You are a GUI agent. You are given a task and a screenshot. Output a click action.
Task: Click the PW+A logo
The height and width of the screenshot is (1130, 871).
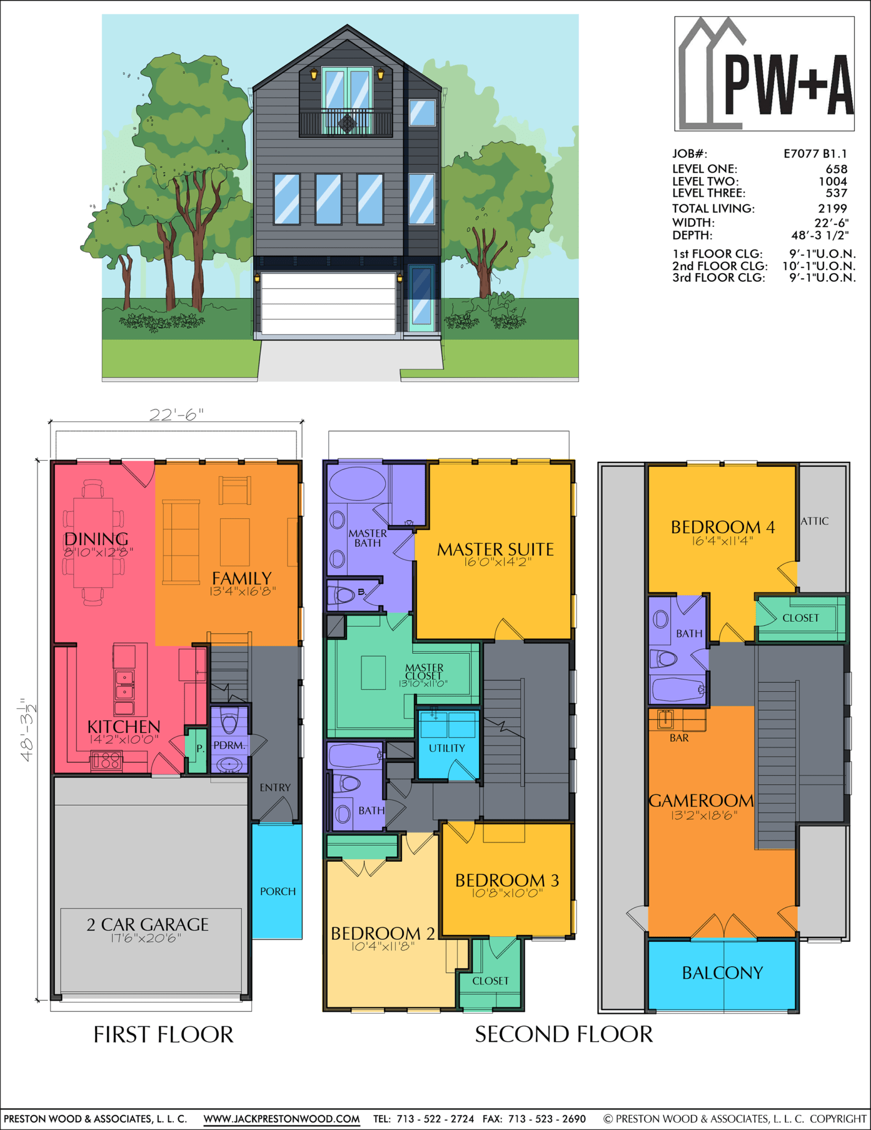click(764, 73)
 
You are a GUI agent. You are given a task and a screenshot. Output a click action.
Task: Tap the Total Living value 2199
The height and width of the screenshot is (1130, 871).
click(832, 209)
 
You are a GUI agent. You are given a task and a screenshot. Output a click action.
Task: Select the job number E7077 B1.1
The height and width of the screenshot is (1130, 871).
click(815, 154)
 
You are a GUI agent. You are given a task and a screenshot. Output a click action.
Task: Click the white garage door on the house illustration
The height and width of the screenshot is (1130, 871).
click(328, 303)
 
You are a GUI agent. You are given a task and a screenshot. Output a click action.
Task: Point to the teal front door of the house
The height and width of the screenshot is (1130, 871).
click(422, 298)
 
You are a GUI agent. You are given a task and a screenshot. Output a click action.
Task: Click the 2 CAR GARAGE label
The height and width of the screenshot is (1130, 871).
click(147, 925)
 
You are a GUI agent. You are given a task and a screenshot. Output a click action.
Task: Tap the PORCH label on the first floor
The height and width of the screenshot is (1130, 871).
click(278, 891)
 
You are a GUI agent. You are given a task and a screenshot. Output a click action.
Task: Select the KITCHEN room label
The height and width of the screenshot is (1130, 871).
click(124, 727)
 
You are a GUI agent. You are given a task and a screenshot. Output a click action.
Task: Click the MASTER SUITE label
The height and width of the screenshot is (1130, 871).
click(495, 550)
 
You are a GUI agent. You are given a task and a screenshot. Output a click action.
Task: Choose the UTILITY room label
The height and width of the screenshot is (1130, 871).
click(447, 748)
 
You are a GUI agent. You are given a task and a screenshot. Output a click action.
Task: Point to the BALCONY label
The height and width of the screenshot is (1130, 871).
click(723, 973)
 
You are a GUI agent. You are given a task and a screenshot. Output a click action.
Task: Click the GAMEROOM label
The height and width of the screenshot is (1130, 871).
click(701, 801)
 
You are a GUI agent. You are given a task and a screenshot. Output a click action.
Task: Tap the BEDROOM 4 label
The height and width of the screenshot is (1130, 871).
click(723, 527)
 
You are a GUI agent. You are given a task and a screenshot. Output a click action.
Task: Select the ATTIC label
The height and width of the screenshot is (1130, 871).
click(815, 521)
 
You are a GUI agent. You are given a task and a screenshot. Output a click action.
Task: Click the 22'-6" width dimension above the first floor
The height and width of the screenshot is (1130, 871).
click(177, 415)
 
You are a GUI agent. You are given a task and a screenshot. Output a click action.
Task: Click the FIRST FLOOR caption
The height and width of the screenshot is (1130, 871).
click(163, 1035)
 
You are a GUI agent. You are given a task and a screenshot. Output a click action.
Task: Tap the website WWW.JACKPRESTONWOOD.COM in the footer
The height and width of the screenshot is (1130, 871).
click(282, 1119)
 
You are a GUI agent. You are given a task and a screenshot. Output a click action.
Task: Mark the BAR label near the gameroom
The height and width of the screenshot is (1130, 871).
click(679, 738)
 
